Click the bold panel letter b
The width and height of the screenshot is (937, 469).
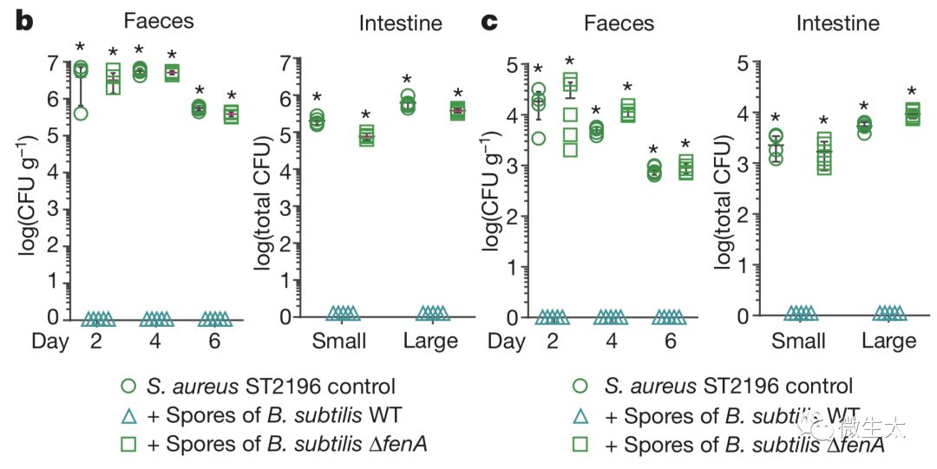23,21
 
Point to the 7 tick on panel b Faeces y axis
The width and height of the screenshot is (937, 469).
54,63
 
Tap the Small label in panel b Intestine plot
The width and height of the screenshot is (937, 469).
339,341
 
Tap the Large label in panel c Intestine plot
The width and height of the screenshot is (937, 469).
888,341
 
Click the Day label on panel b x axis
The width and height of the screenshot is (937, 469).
49,341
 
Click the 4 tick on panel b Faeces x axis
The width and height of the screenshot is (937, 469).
154,341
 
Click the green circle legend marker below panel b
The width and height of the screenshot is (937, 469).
129,386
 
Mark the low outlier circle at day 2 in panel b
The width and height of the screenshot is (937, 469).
81,113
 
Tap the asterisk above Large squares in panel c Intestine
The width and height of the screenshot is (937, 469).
912,92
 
